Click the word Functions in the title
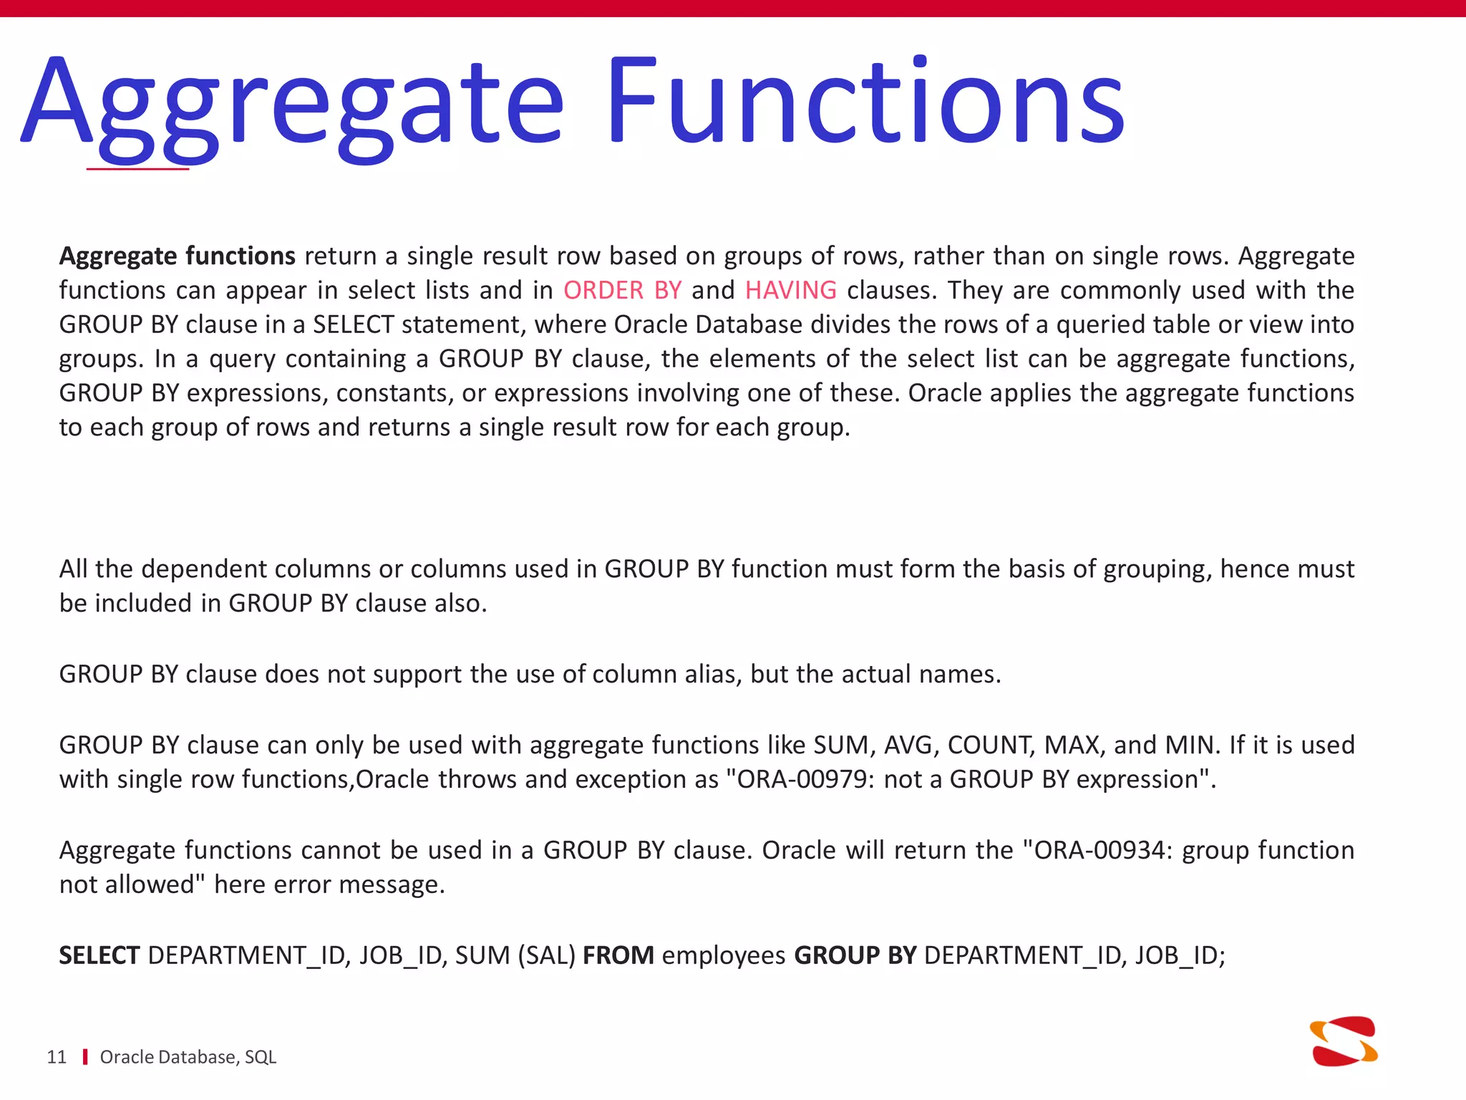coord(866,100)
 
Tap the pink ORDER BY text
coord(622,290)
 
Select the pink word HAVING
coord(790,290)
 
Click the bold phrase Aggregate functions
coord(177,256)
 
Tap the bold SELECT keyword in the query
coord(99,955)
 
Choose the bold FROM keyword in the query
coord(618,955)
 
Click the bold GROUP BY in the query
coord(855,955)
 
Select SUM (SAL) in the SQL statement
coord(515,955)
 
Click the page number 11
coord(57,1057)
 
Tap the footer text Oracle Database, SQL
coord(188,1057)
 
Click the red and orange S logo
coord(1344,1041)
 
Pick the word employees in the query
coord(724,955)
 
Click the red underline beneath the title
coord(137,169)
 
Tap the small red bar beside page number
coord(85,1057)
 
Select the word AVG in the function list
coord(911,745)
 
